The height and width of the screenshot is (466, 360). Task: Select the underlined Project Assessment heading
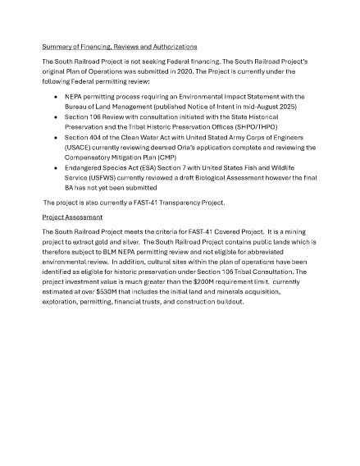coord(72,217)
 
